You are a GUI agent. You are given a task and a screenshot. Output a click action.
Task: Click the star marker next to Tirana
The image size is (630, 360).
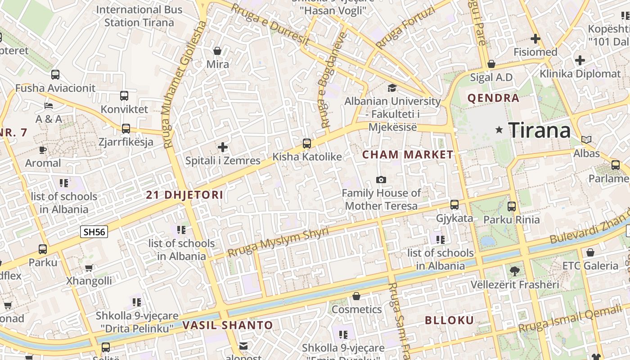(499, 130)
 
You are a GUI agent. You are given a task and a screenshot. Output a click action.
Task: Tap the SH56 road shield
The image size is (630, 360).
(94, 232)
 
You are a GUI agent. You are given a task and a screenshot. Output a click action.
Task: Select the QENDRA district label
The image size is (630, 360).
(493, 98)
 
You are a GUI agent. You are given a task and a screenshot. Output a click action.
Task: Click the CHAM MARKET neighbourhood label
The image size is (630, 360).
(408, 155)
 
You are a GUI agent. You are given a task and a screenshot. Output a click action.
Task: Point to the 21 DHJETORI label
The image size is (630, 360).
(184, 195)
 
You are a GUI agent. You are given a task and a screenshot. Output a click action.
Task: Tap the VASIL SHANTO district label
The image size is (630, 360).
(228, 325)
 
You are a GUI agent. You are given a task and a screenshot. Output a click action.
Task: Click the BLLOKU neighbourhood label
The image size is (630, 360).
(450, 320)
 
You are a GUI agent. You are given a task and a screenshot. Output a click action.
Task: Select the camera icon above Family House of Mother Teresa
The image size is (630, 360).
(381, 180)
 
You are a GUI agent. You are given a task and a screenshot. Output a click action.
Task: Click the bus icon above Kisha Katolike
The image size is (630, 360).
(307, 144)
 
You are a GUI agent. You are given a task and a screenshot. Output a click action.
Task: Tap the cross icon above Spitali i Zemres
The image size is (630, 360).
(223, 147)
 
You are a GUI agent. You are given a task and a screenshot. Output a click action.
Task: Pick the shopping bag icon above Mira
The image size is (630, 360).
(217, 50)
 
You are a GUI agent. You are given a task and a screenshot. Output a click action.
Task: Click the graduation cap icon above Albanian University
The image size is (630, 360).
(392, 88)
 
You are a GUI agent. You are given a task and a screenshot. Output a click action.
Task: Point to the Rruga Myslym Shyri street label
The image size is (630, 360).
(278, 242)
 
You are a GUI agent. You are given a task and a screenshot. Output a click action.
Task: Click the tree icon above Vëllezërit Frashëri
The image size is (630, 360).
(515, 271)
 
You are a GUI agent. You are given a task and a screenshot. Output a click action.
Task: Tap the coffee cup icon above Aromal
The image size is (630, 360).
(43, 149)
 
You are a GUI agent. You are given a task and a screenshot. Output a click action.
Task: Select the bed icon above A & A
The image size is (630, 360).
(49, 106)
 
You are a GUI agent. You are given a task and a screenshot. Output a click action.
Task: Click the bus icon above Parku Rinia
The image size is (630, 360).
(512, 207)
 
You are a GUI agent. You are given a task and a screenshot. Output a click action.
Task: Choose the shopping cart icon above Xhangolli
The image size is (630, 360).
(89, 268)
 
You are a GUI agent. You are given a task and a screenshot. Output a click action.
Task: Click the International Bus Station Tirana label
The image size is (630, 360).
(139, 16)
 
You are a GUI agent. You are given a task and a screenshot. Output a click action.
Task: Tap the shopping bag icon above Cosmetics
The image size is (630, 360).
(356, 296)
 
